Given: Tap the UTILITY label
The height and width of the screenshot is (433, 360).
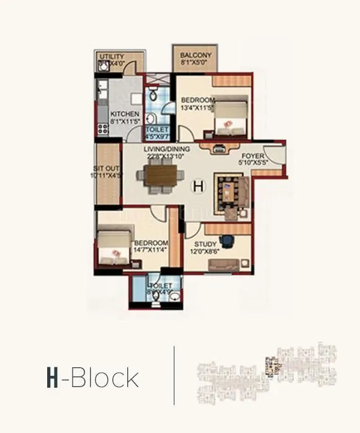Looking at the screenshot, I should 112,56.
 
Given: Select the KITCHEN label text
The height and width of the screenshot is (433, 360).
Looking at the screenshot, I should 125,114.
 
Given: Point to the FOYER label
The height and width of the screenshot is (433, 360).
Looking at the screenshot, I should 253,156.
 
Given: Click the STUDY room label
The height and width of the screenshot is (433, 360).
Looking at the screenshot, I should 205,245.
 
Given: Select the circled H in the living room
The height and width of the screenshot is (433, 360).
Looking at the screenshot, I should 198,185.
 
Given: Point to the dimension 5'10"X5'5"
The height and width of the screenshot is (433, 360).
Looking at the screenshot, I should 253,164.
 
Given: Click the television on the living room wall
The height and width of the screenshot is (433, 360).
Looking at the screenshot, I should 220,148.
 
